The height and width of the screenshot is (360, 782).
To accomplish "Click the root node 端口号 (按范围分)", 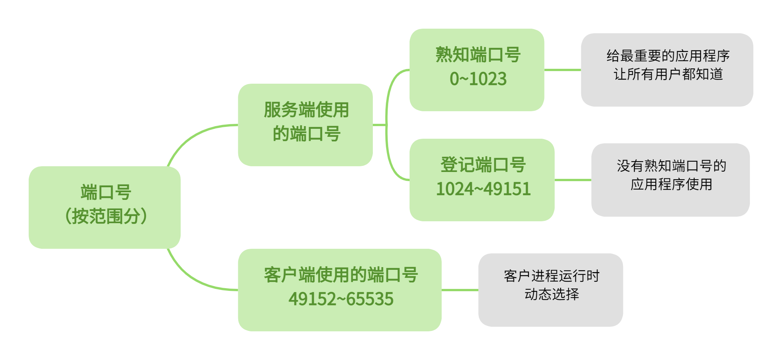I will click(104, 207).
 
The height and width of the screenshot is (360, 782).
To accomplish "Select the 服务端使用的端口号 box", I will click(305, 125).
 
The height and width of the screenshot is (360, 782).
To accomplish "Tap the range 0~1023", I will click(478, 79).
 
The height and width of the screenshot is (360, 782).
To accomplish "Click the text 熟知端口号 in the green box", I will click(478, 55).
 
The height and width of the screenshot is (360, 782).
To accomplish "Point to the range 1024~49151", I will click(483, 189).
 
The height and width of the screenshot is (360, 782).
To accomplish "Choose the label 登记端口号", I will click(483, 165).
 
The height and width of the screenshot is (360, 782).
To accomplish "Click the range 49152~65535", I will click(341, 299).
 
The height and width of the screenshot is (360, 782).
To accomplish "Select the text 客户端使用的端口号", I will click(341, 275).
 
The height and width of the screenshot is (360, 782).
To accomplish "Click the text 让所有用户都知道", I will click(668, 74).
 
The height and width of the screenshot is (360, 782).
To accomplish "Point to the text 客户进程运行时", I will click(551, 276).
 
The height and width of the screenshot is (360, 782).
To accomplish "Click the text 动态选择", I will click(551, 294).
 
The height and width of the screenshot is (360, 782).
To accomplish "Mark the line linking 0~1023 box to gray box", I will click(563, 70).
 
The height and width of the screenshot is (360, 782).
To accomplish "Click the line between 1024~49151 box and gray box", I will click(573, 180).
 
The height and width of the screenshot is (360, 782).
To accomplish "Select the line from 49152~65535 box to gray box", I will click(460, 290).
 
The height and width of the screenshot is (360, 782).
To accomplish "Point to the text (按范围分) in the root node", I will click(106, 216).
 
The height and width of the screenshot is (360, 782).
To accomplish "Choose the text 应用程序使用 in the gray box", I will click(671, 184).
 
